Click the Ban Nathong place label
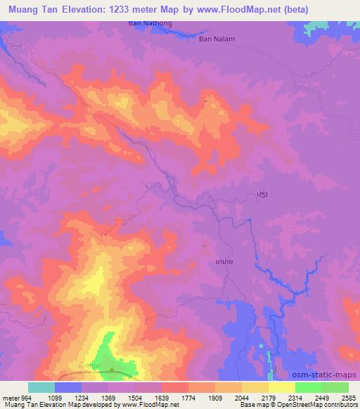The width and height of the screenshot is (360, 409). point(150,23)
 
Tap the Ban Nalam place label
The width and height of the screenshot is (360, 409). point(217,39)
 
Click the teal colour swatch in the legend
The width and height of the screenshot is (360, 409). point(41,387)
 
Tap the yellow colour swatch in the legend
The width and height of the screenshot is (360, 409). point(281,387)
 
